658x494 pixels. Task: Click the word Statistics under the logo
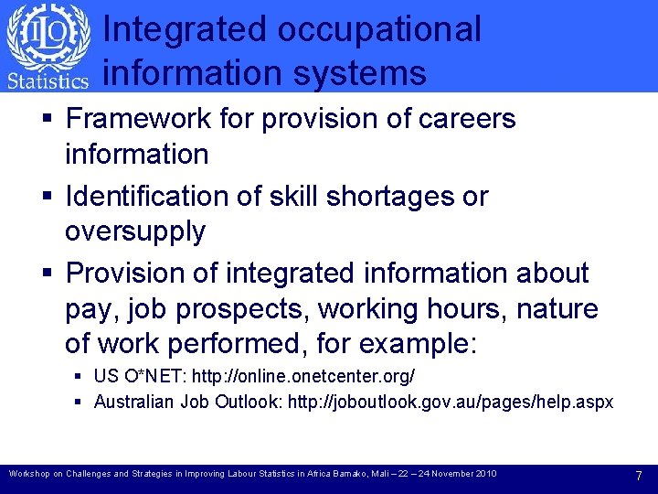click(x=48, y=81)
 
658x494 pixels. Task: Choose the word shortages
click(x=398, y=196)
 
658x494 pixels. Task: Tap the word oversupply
click(x=135, y=231)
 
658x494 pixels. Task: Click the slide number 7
click(x=639, y=475)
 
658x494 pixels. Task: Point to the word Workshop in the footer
click(x=30, y=474)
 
